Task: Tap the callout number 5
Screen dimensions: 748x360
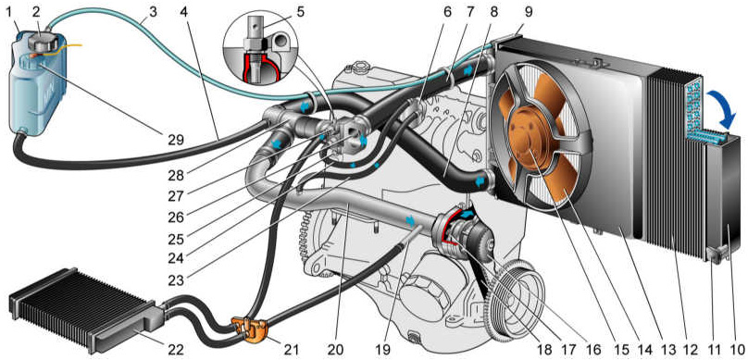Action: click(300, 11)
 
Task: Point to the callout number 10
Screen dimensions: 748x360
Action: click(738, 350)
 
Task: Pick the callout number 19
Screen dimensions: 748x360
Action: click(383, 350)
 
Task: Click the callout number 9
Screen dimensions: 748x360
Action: click(528, 11)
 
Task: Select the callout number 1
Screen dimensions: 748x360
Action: click(7, 11)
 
